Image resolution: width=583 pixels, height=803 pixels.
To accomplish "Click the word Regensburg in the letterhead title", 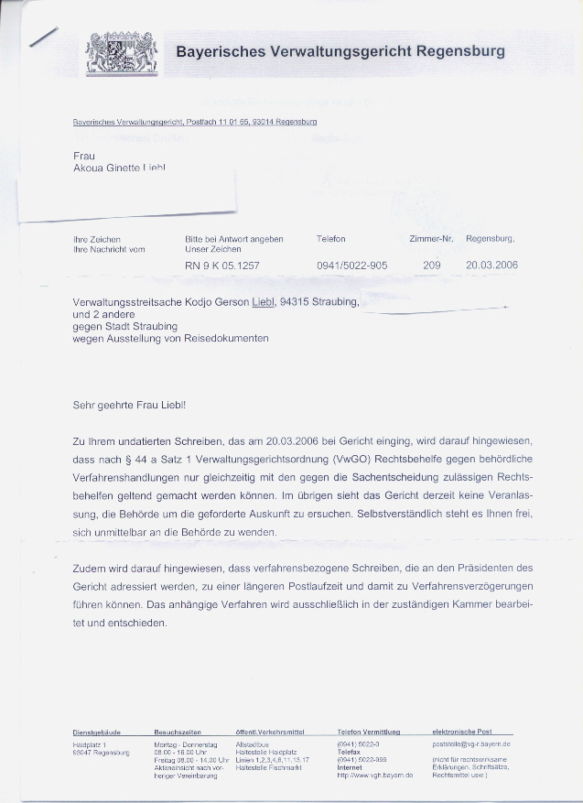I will (x=460, y=51).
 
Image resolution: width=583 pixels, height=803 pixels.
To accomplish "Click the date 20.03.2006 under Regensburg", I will (x=491, y=266).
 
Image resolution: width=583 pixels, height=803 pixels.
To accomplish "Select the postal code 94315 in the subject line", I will (x=298, y=301).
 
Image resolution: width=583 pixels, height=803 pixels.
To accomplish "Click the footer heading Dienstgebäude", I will (x=97, y=732).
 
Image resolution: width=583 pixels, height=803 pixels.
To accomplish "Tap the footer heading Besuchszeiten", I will (x=178, y=732).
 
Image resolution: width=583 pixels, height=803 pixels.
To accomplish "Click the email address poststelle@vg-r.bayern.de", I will (x=470, y=745).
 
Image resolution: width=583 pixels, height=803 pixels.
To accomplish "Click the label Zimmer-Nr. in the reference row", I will (x=431, y=239).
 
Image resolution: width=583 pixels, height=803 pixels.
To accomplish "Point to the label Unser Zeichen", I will (x=212, y=249).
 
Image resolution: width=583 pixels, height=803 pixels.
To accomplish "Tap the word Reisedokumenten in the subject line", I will (x=226, y=339).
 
